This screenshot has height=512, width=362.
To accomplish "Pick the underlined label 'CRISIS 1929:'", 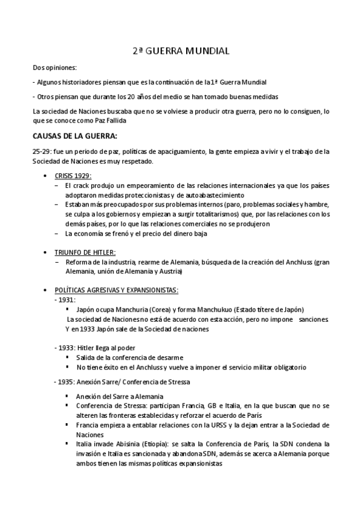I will [74, 174].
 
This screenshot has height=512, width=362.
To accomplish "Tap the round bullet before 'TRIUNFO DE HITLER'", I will [47, 252].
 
